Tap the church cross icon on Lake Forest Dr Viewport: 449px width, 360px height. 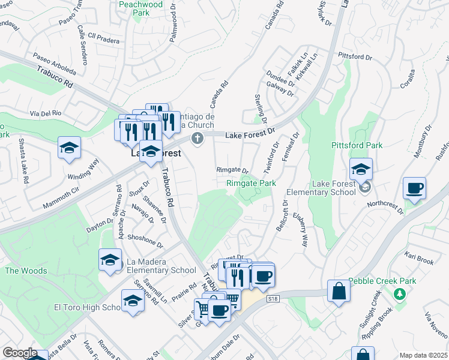click(197, 139)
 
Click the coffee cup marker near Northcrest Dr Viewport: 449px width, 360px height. click(415, 189)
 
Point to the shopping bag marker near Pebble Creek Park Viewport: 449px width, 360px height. click(339, 292)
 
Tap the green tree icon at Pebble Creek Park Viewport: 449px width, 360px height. click(399, 294)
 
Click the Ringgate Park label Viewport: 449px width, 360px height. click(251, 183)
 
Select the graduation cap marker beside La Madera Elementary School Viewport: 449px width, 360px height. click(110, 260)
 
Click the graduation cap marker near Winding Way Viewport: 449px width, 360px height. click(70, 148)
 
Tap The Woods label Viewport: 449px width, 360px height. click(26, 271)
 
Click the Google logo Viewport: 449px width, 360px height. click(19, 352)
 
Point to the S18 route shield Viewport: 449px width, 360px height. click(274, 298)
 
